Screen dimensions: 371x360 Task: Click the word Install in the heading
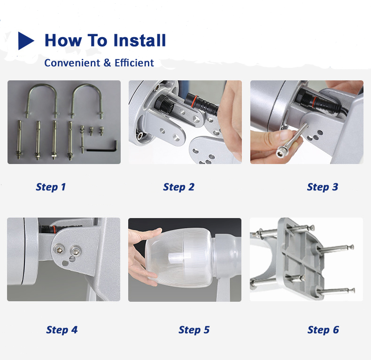tap(139, 40)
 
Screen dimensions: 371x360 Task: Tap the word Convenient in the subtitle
tap(72, 63)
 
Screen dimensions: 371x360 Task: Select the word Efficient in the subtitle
tap(134, 63)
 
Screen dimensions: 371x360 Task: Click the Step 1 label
tap(51, 187)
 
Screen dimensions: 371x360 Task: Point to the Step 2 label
tap(178, 187)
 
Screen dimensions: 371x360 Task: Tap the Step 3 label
tap(323, 187)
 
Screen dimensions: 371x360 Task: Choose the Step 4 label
tap(62, 330)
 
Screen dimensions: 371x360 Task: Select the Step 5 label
tap(194, 330)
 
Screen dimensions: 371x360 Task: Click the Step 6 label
tap(323, 330)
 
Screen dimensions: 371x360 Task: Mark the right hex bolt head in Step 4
tap(76, 251)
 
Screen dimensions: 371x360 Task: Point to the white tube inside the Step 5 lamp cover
tap(179, 258)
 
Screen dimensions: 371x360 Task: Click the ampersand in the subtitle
tap(107, 63)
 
